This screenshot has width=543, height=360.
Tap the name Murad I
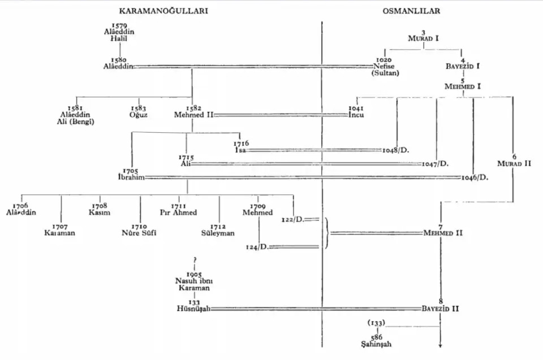(423, 38)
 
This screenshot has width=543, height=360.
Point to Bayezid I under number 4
(463, 66)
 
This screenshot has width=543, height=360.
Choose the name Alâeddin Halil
(119, 35)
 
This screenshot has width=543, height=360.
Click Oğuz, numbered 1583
(139, 114)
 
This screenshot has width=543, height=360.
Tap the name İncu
(356, 114)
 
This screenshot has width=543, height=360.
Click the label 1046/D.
(474, 177)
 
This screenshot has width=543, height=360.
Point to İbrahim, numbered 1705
(128, 177)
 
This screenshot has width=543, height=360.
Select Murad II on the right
(514, 163)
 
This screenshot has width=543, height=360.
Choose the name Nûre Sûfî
(139, 233)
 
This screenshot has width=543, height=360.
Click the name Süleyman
(218, 233)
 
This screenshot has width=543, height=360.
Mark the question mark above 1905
(194, 259)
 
